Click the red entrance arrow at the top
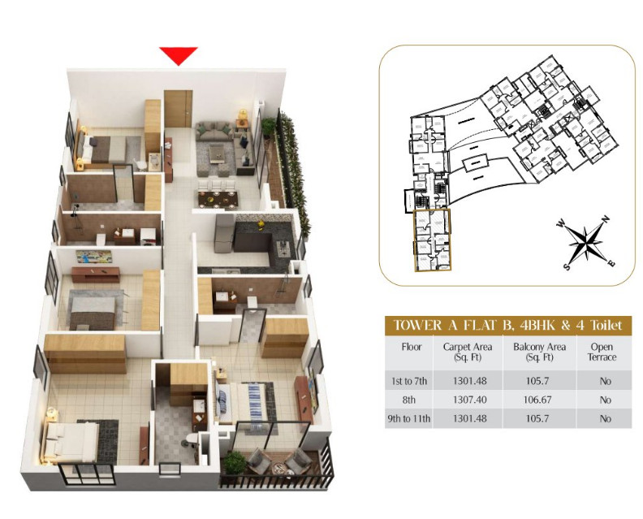pyautogui.click(x=179, y=55)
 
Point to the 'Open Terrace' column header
pyautogui.click(x=602, y=351)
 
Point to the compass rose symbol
pyautogui.click(x=586, y=243)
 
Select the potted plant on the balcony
pyautogui.click(x=235, y=461)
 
